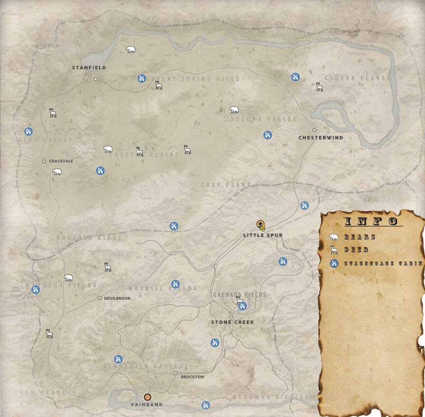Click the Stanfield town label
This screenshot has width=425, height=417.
click(89, 68)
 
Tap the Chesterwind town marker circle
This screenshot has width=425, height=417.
click(315, 129)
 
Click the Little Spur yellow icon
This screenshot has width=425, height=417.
click(260, 224)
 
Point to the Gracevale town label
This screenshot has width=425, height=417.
click(61, 161)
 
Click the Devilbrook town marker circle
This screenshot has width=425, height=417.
click(99, 298)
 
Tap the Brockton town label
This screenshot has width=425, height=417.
click(192, 377)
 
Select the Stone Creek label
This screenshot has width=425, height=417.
click(232, 322)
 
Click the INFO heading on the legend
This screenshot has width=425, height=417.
click(371, 221)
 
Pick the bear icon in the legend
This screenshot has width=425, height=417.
click(334, 237)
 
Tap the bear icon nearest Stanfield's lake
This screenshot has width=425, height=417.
click(130, 50)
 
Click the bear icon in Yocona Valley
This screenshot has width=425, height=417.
click(233, 109)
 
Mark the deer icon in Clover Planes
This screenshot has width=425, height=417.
click(320, 87)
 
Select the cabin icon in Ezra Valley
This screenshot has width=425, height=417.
click(28, 131)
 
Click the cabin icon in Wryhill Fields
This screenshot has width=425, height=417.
click(175, 284)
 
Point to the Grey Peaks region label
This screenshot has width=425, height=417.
click(226, 185)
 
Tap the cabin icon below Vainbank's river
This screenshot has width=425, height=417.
click(206, 405)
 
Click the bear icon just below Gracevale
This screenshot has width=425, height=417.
click(57, 172)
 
